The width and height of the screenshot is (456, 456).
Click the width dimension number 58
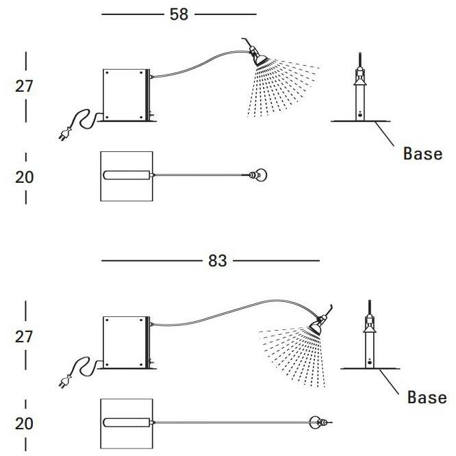tap(179, 14)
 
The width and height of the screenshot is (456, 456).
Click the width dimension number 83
tap(217, 261)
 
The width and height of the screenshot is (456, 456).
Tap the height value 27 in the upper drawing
tap(24, 86)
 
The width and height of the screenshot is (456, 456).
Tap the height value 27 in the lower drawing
tap(24, 337)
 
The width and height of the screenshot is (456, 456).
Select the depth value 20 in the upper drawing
tap(25, 177)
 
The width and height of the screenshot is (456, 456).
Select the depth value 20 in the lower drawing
tap(25, 423)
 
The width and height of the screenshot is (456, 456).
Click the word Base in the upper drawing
tap(422, 153)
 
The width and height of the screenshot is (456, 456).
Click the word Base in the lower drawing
tap(427, 397)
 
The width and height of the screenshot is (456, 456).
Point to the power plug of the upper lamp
tap(65, 134)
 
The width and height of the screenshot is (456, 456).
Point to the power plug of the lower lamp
tap(65, 381)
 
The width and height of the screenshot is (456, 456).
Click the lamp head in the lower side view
tap(317, 325)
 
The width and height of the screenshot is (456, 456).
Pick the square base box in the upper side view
tap(126, 94)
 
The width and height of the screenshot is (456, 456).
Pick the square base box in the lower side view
tap(126, 342)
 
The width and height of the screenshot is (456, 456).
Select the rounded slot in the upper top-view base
tap(127, 175)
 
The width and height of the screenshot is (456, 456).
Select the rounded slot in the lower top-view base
tap(127, 422)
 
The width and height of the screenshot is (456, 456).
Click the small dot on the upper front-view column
tap(360, 115)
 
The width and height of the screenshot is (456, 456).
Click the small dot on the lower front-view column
tap(369, 362)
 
